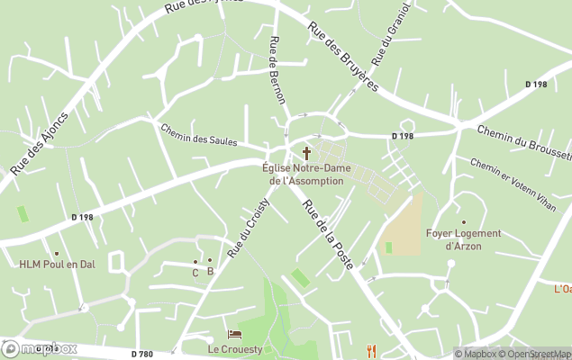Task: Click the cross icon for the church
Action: click(x=306, y=153)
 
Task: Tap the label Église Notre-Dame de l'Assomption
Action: click(x=306, y=174)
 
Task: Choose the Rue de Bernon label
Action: click(x=277, y=70)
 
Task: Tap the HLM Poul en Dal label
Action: click(x=56, y=265)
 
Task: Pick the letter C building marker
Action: click(x=195, y=272)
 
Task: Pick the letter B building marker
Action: click(x=210, y=271)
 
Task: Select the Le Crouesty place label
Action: click(x=234, y=348)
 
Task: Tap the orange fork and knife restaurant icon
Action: click(x=371, y=350)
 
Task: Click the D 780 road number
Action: click(x=141, y=354)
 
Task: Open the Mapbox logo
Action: click(x=40, y=348)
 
